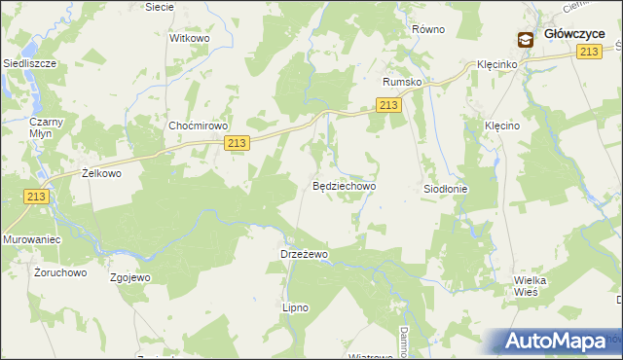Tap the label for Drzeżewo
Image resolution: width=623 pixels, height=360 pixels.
[x=305, y=254]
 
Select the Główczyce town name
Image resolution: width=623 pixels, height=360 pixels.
[x=574, y=33]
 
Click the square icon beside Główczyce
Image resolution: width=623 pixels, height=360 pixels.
[x=526, y=40]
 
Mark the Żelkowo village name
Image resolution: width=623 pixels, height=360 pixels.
[x=100, y=173]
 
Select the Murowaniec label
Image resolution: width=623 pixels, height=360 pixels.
[x=32, y=238]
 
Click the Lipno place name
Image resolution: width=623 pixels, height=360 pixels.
[x=294, y=307]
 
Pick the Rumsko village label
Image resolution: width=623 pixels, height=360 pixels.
[x=402, y=82]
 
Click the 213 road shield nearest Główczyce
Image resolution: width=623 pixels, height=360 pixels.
[x=587, y=52]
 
